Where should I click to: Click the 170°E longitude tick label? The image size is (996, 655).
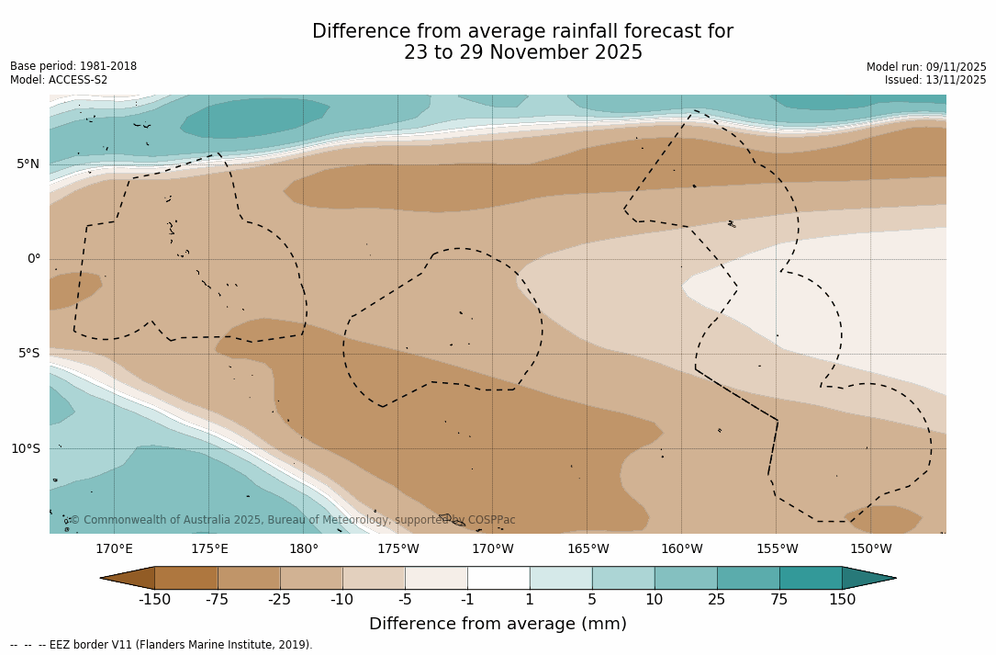(114, 549)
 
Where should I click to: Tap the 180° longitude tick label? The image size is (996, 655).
(304, 549)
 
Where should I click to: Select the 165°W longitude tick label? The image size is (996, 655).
(588, 549)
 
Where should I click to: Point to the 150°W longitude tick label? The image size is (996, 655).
(871, 549)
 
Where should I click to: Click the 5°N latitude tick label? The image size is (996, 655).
(28, 164)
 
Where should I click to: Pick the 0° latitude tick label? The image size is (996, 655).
(33, 259)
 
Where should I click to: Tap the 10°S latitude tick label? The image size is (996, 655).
(25, 449)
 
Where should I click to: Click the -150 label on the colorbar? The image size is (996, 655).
(154, 600)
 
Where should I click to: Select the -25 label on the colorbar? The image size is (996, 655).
(280, 600)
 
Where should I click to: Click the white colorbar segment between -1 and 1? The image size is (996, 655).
(498, 578)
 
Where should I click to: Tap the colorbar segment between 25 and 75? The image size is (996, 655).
(748, 578)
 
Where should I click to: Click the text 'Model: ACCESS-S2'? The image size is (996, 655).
(59, 80)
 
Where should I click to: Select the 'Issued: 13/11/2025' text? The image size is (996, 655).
(935, 80)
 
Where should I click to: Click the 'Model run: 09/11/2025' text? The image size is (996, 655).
(926, 67)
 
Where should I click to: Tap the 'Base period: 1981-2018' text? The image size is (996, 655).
(73, 67)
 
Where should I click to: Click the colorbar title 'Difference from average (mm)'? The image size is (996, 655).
(498, 625)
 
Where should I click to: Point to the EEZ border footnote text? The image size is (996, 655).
(162, 645)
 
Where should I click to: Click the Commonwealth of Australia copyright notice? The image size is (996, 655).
(292, 520)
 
